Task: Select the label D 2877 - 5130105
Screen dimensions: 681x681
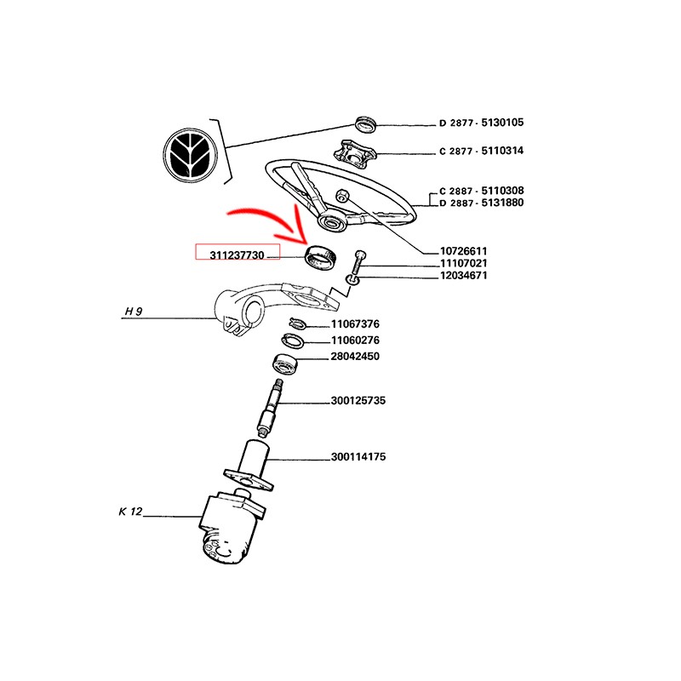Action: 481,123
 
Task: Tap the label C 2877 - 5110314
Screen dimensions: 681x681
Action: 481,152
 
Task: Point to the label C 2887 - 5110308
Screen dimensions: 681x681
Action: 481,191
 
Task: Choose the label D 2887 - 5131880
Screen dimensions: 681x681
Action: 481,203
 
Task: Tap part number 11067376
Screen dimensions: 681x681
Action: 355,324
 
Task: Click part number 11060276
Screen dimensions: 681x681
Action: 355,340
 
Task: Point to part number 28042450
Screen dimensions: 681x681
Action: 355,357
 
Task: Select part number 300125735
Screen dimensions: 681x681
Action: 358,400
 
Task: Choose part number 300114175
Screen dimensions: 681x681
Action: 358,457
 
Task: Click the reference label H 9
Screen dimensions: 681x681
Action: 133,312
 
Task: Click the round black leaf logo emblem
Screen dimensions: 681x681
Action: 191,156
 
